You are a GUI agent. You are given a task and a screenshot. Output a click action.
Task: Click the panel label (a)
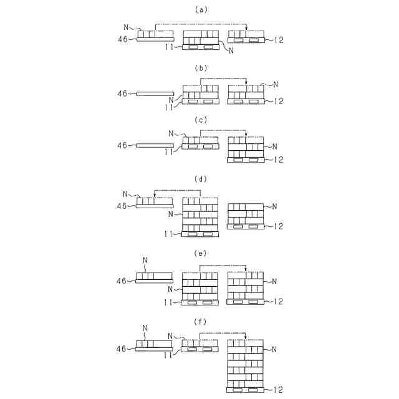pyautogui.click(x=200, y=10)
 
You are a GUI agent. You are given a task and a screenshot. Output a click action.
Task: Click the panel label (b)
pyautogui.click(x=200, y=67)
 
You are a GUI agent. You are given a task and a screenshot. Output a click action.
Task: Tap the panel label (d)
pyautogui.click(x=200, y=179)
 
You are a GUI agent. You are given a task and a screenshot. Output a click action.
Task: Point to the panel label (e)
pyautogui.click(x=200, y=254)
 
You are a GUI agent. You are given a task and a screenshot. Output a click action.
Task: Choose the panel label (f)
pyautogui.click(x=200, y=322)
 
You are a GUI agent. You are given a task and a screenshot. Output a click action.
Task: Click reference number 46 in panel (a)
pyautogui.click(x=122, y=39)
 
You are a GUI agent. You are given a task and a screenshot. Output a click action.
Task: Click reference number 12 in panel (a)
pyautogui.click(x=279, y=40)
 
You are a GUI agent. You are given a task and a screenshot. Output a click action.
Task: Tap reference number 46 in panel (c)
pyautogui.click(x=122, y=145)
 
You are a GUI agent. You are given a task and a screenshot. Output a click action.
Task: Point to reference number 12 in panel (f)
pyautogui.click(x=279, y=390)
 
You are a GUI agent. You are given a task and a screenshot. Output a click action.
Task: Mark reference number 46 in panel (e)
pyautogui.click(x=122, y=281)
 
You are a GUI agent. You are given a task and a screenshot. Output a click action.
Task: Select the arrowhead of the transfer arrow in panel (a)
pyautogui.click(x=246, y=29)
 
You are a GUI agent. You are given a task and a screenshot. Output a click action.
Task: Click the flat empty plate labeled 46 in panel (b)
pyautogui.click(x=155, y=94)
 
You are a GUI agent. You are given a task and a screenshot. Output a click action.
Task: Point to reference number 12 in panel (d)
pyautogui.click(x=279, y=226)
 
